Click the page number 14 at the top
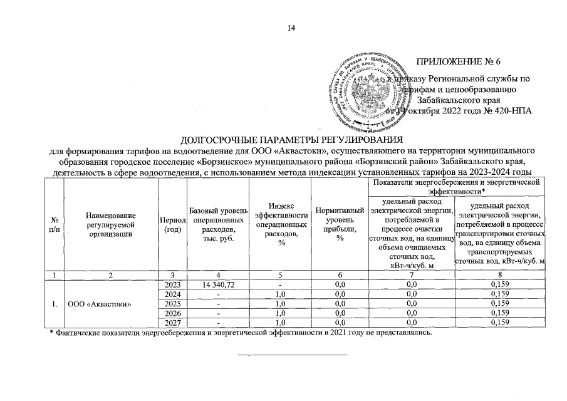[290, 27]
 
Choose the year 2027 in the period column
[172, 323]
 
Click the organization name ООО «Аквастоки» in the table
[101, 303]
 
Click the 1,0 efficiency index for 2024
[280, 294]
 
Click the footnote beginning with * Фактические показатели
[241, 333]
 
